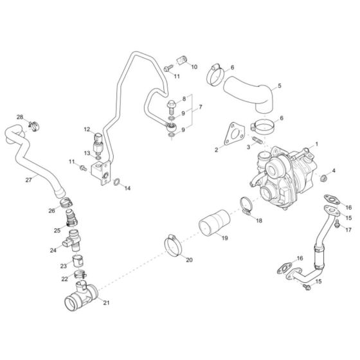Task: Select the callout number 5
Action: (280, 85)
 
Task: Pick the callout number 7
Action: (201, 106)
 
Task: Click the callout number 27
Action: (28, 180)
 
